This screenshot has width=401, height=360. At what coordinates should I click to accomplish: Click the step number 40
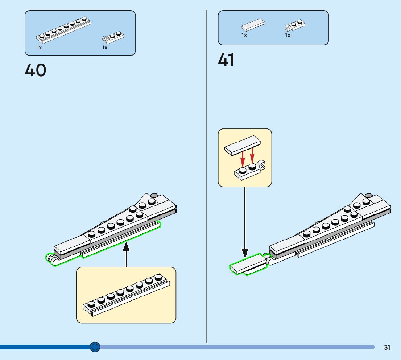36,70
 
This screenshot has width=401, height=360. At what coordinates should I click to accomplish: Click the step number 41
226,60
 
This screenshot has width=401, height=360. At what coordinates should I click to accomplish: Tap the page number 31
387,348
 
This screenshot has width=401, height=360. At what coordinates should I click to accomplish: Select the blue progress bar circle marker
95,347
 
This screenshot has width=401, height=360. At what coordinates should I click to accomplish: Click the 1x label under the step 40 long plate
39,48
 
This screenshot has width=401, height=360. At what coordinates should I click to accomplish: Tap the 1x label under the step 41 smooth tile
244,36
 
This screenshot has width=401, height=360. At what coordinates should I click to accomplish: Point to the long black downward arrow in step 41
245,221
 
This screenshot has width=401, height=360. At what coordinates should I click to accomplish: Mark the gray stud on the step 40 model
154,195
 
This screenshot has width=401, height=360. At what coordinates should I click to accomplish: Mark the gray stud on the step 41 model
368,195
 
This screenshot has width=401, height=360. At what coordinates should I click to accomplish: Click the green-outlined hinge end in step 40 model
51,259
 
